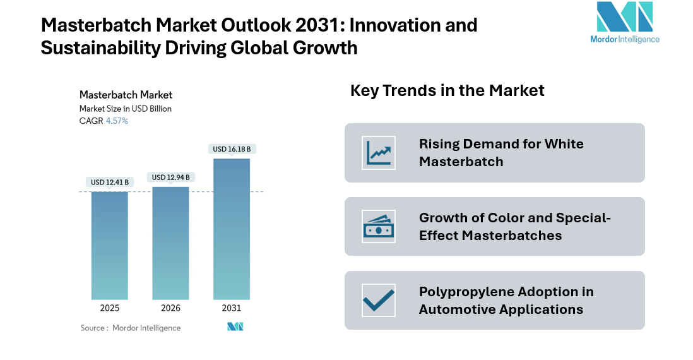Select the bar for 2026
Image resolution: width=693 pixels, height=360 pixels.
(170, 243)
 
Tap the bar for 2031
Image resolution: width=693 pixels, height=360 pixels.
(232, 229)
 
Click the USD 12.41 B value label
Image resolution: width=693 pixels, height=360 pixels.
(109, 183)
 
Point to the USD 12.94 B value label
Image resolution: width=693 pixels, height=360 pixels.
(170, 177)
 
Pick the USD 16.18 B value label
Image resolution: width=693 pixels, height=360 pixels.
(232, 149)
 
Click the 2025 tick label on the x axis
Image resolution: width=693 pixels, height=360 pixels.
(109, 308)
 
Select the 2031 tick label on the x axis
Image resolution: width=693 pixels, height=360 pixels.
(232, 308)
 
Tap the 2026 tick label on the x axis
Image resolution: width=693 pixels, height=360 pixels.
(170, 308)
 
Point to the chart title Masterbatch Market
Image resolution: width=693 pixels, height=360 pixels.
(126, 95)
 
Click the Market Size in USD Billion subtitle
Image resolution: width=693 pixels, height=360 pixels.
(126, 109)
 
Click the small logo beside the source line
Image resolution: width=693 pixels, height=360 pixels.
(235, 327)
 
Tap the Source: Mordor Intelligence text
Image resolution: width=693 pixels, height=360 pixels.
(131, 328)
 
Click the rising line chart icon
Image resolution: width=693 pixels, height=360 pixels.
(379, 153)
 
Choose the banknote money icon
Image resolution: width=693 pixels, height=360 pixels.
(379, 227)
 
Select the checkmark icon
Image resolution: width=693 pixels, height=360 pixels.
(379, 300)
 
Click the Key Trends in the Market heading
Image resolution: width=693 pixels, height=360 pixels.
(447, 90)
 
